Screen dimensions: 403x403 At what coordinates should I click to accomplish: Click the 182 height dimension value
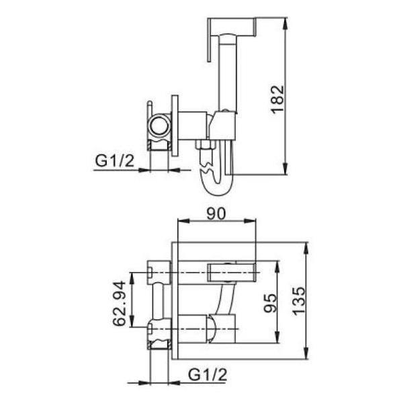(x=277, y=99)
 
